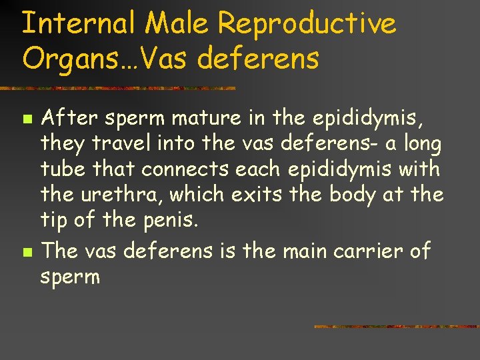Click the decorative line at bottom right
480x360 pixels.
coord(396,327)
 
